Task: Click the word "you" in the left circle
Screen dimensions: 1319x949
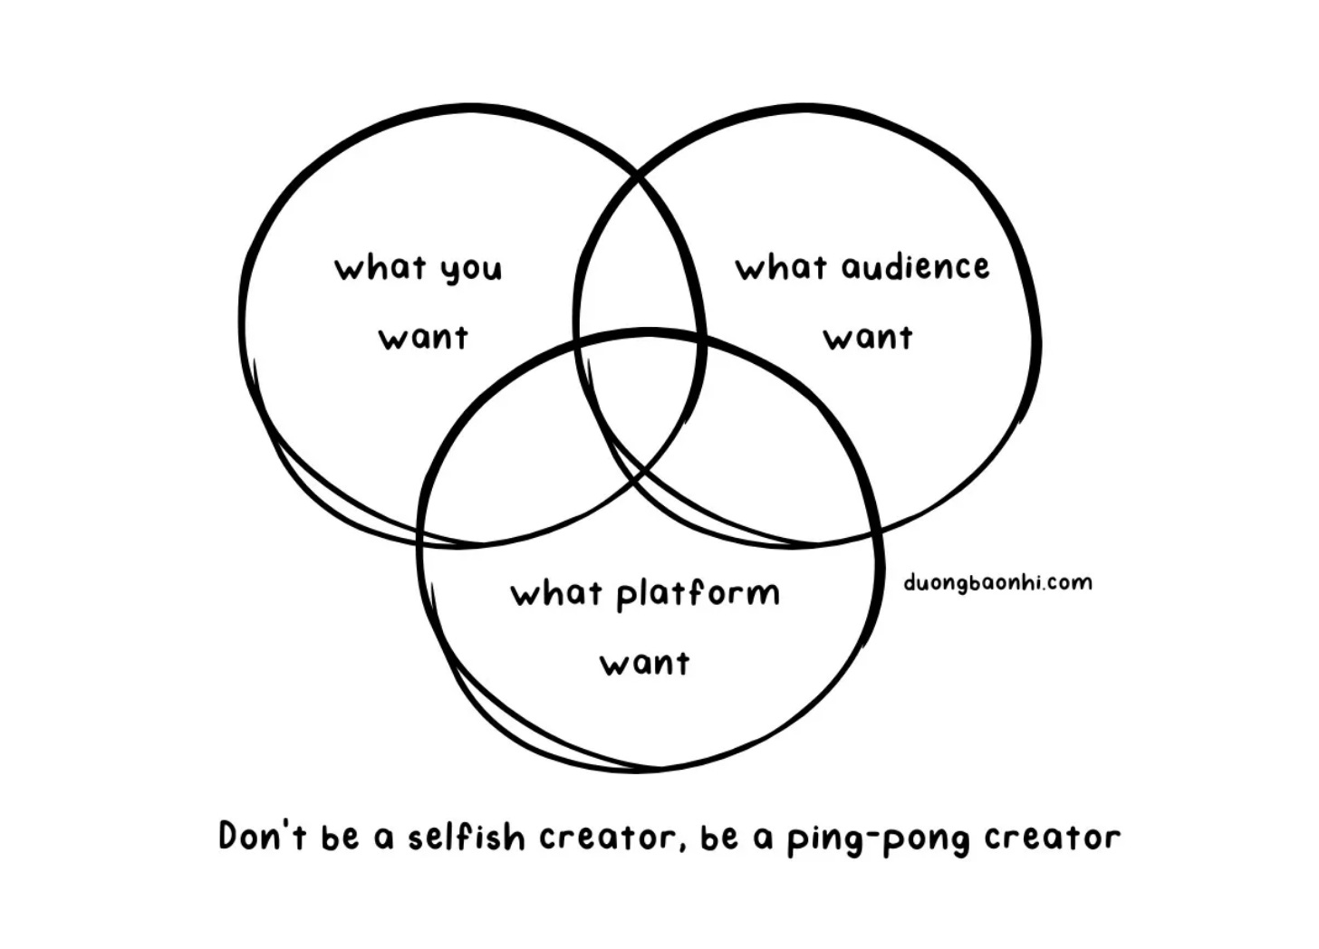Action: click(471, 270)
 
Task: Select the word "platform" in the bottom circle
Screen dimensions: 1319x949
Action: click(698, 595)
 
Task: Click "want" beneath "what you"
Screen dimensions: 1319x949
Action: click(423, 338)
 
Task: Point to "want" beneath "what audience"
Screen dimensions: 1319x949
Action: click(867, 338)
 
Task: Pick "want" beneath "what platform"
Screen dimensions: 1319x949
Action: click(644, 664)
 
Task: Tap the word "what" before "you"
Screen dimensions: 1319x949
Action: click(380, 268)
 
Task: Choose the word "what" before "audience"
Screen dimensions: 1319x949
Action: click(781, 267)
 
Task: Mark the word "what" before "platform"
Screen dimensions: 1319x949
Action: click(556, 594)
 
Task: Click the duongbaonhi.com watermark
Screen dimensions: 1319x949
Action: click(997, 582)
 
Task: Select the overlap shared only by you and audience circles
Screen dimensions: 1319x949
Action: click(638, 263)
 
